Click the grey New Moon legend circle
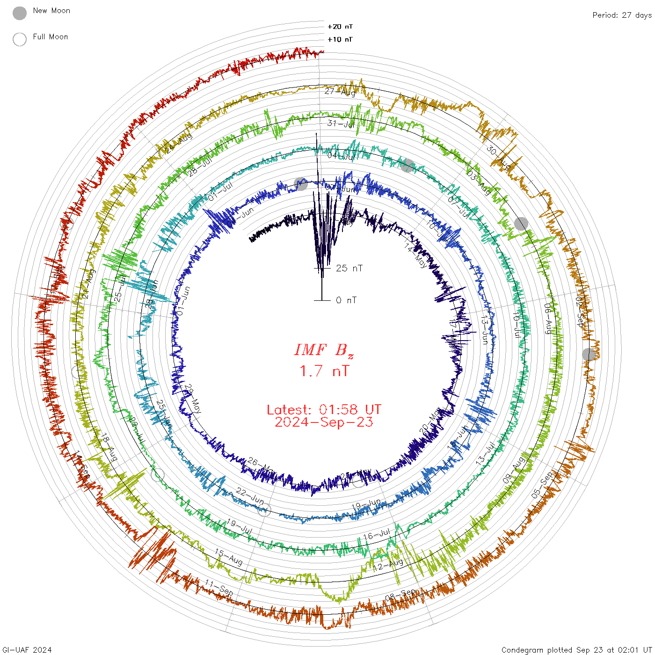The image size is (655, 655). [20, 13]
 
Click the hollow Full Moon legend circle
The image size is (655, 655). [20, 39]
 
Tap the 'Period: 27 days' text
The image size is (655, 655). [622, 15]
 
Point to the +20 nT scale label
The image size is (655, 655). [340, 27]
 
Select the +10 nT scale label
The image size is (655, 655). [340, 39]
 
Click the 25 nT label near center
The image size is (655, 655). [349, 268]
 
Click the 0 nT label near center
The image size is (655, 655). [346, 300]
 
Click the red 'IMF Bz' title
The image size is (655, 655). [324, 350]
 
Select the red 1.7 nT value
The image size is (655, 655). [324, 371]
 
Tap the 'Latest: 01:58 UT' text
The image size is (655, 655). [324, 410]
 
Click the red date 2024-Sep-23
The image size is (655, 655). [324, 422]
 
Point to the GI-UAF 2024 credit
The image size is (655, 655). [27, 650]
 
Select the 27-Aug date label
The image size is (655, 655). [340, 92]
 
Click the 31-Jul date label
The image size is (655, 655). [341, 124]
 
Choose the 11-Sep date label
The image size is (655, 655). [219, 588]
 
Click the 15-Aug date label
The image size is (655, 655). [229, 557]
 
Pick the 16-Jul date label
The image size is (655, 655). [377, 534]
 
